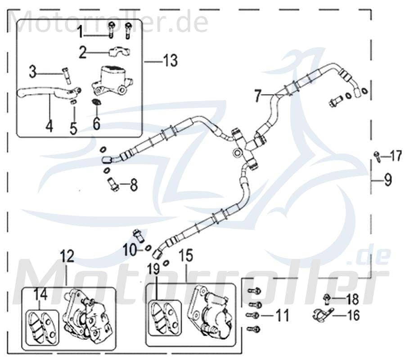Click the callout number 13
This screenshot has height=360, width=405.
pyautogui.click(x=170, y=60)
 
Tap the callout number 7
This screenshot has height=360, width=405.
pyautogui.click(x=257, y=95)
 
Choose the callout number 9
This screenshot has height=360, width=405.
pyautogui.click(x=388, y=180)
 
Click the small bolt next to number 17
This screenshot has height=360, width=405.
pyautogui.click(x=376, y=156)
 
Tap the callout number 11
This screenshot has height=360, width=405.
pyautogui.click(x=282, y=316)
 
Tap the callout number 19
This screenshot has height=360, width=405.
pyautogui.click(x=153, y=270)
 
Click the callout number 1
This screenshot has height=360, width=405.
pyautogui.click(x=79, y=32)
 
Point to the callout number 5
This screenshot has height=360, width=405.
pyautogui.click(x=73, y=127)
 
